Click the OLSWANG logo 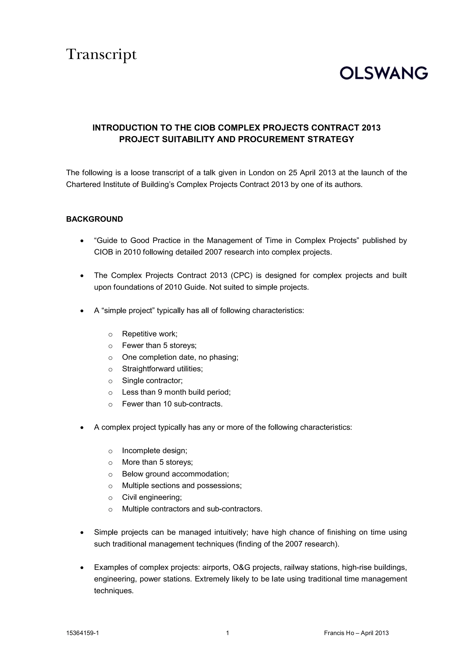coord(383,73)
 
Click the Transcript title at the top coord(102,54)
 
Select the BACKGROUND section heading coord(94,219)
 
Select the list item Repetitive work coord(150,334)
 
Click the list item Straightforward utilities coord(162,369)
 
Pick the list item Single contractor coord(152,381)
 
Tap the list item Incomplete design coord(155,451)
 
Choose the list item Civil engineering coord(152,497)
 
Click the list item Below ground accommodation coord(175,474)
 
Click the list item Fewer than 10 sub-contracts coord(172,404)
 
